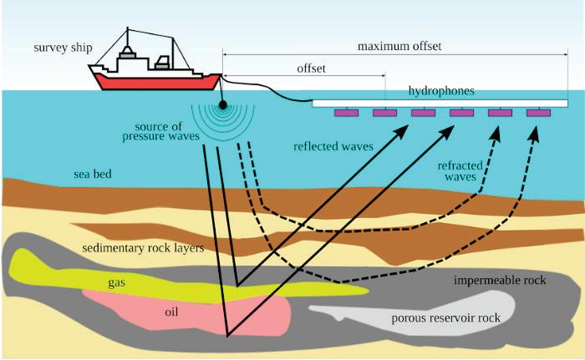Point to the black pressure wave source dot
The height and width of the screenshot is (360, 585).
click(x=223, y=105)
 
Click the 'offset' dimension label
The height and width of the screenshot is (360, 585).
click(x=311, y=68)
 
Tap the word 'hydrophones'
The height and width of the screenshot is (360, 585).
click(x=441, y=89)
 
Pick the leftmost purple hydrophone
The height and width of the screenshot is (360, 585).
click(x=346, y=113)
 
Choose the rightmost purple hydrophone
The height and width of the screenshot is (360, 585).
click(x=538, y=113)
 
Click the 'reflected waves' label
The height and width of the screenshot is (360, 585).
click(x=333, y=147)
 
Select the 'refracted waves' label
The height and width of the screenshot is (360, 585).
click(x=456, y=170)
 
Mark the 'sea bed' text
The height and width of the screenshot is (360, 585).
click(x=92, y=175)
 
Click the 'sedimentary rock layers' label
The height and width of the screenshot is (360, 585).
click(x=144, y=248)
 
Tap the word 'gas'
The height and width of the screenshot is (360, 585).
click(x=117, y=282)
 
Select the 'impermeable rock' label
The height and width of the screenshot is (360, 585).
click(x=500, y=281)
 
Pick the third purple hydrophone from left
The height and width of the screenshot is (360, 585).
click(x=423, y=113)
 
